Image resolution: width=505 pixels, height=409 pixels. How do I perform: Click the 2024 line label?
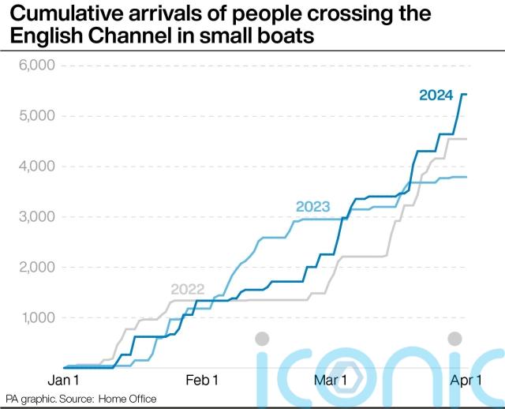tap(436, 96)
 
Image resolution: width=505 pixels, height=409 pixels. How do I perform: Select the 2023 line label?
tap(312, 208)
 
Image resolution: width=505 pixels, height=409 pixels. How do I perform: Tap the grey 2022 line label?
tap(188, 289)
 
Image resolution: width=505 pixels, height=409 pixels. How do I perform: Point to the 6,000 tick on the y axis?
tap(31, 66)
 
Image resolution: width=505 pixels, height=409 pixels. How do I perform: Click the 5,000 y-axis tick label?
tap(31, 116)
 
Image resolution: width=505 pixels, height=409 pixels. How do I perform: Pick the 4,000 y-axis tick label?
tap(31, 167)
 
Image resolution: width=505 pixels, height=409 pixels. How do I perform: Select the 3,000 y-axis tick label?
tap(31, 217)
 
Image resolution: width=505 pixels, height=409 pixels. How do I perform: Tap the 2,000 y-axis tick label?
tap(31, 268)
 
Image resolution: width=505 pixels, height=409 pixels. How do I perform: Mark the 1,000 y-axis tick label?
tap(32, 318)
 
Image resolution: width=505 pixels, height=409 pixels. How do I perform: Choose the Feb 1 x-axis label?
tap(201, 381)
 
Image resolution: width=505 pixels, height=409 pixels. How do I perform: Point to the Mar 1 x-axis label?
tap(330, 381)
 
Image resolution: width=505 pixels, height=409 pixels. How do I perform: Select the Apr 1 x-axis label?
tap(466, 381)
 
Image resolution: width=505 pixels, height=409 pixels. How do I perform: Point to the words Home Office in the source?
tap(126, 399)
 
